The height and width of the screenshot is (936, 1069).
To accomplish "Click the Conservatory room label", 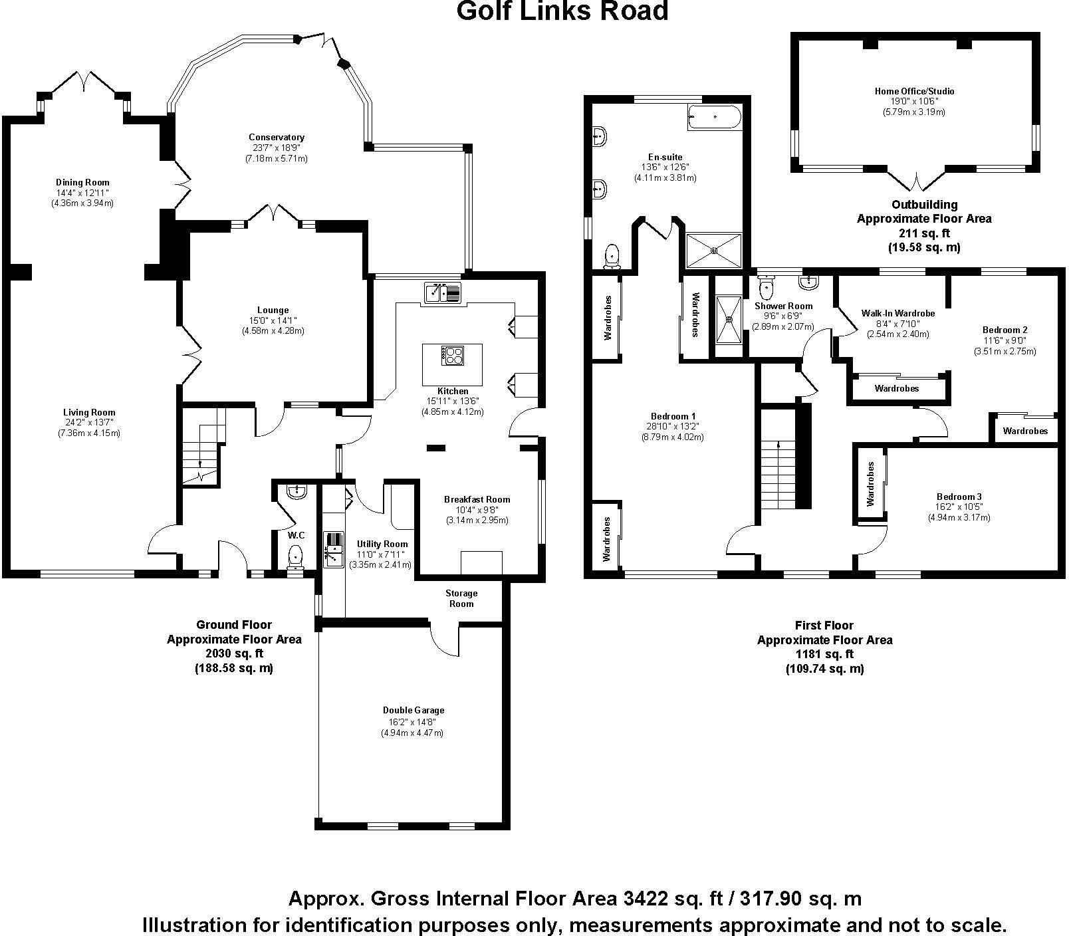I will tap(278, 138).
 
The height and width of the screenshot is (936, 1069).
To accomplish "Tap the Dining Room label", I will tap(82, 182).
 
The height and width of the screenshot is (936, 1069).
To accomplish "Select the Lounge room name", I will tap(273, 310).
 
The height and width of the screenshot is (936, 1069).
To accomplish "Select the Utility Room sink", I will tap(332, 550).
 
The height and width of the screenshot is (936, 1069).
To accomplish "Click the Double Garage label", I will tap(413, 710).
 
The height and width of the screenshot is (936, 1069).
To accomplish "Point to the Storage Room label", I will tap(461, 598).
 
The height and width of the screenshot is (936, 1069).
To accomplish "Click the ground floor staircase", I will tap(202, 447).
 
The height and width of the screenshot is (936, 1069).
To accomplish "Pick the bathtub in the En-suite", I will tap(714, 118).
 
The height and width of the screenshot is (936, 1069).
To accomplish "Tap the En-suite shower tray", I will tap(714, 250).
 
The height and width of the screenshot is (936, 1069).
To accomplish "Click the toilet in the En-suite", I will tap(612, 255).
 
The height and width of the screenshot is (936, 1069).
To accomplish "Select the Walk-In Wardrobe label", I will tap(898, 313).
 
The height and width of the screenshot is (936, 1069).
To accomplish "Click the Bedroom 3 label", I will tap(959, 497).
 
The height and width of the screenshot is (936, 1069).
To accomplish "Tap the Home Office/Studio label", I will tap(914, 91).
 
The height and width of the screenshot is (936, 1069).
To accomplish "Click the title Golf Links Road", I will tap(562, 11).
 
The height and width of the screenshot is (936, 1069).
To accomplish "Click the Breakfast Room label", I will tap(477, 499).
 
